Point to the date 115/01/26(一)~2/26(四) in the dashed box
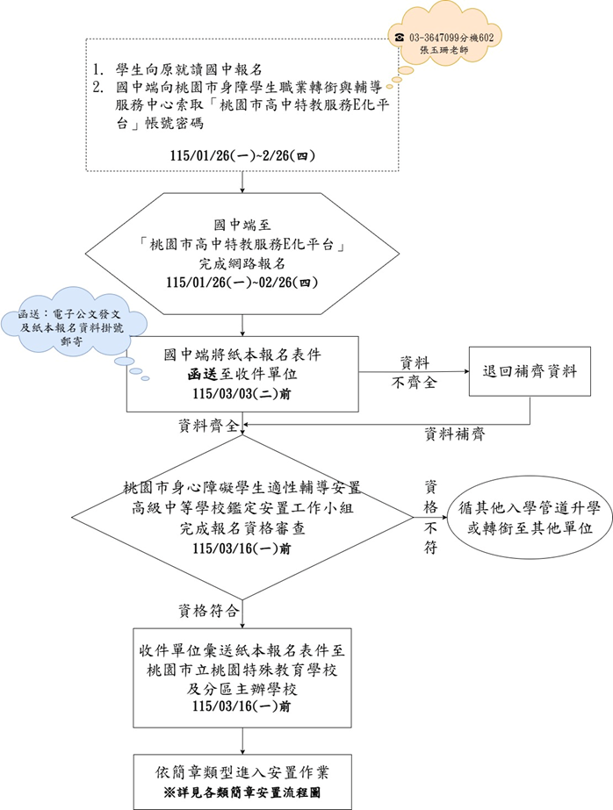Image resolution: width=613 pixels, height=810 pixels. [243, 154]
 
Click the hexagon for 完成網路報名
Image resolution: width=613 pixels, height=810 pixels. [243, 255]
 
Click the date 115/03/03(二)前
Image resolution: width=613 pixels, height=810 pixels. [243, 393]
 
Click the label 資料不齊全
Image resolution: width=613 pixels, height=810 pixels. [415, 370]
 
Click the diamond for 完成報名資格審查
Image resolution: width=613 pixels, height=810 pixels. [243, 518]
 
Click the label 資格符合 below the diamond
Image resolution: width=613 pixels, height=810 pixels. [206, 609]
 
